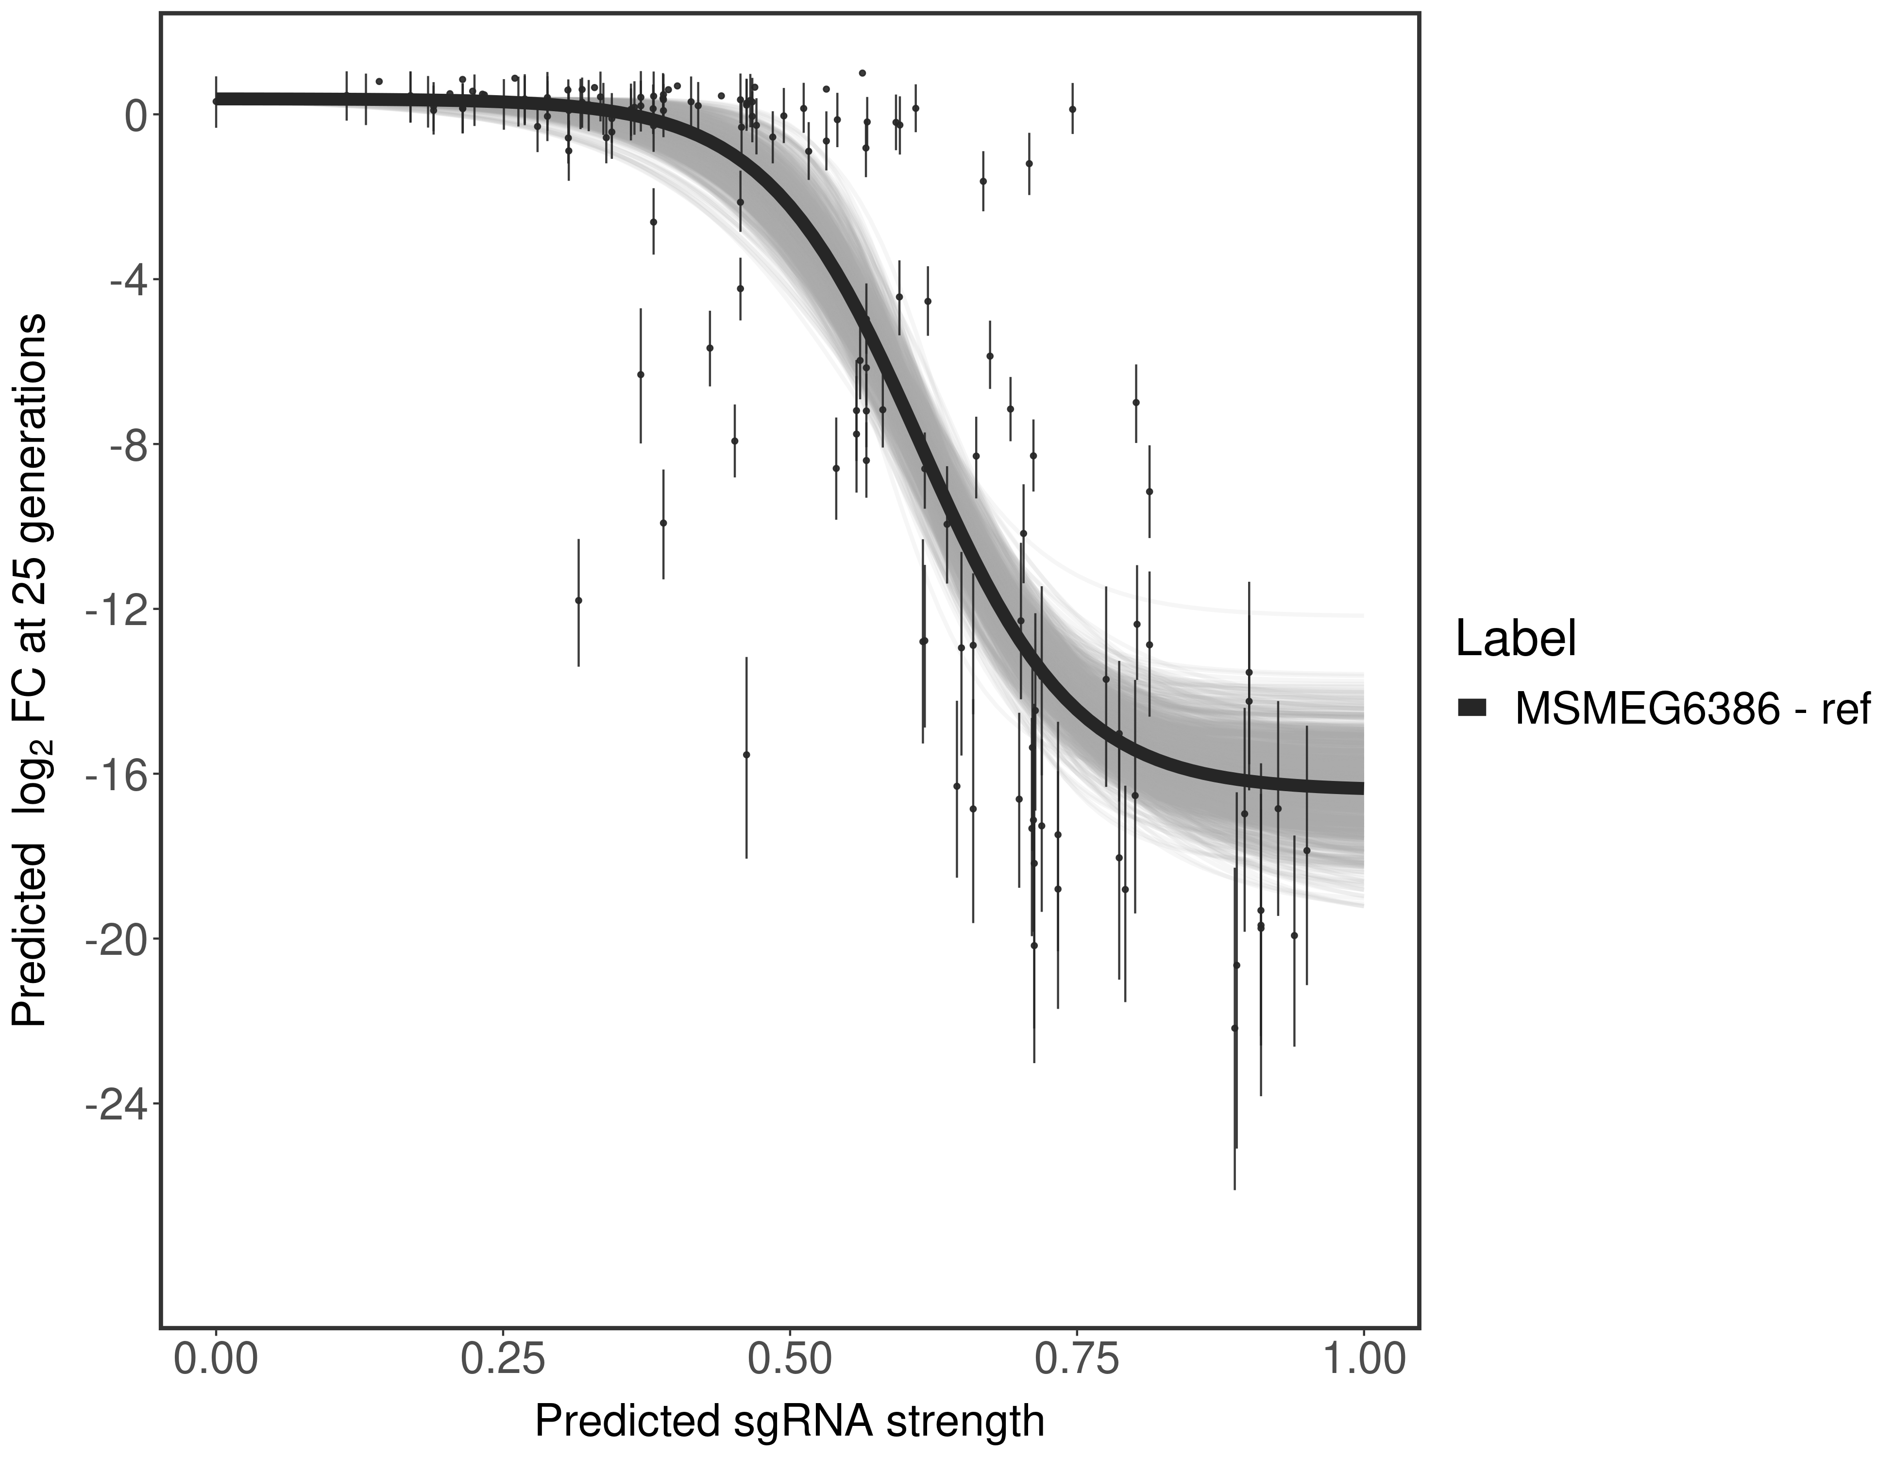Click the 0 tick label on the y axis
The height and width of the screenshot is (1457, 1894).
[135, 116]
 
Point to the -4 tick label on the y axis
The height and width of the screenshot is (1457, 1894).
[123, 280]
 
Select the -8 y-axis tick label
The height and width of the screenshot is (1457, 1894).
[123, 445]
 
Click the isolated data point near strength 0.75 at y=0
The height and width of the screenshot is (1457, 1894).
[1073, 109]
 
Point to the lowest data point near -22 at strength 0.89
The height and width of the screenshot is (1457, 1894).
[1234, 1028]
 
